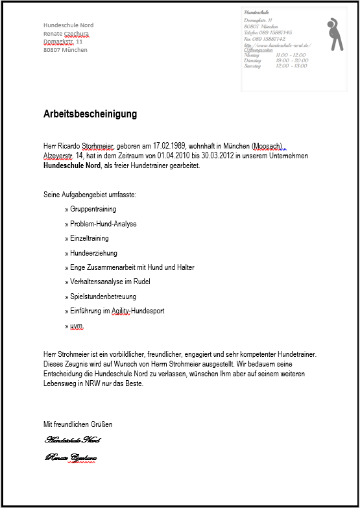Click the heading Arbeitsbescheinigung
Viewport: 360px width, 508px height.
[x=90, y=114]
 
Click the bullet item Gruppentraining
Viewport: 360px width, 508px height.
[x=93, y=210]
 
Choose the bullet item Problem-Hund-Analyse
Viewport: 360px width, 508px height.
[x=103, y=224]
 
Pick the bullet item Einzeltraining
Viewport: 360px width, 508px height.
[x=90, y=238]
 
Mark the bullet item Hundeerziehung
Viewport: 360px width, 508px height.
[x=93, y=253]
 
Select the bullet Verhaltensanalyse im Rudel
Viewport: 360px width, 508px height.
[x=110, y=282]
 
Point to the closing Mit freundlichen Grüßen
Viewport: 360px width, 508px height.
[x=78, y=424]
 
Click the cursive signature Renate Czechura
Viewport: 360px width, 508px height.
[x=71, y=458]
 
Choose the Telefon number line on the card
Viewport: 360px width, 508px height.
[x=268, y=32]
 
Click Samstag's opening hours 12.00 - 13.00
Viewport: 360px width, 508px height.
[x=291, y=66]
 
